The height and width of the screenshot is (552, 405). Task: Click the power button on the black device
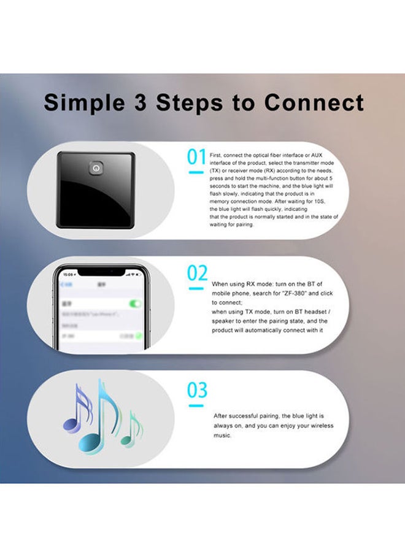[x=96, y=167]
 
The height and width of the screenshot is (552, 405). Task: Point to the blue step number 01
[x=196, y=157]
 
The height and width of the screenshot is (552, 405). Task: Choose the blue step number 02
[x=197, y=274]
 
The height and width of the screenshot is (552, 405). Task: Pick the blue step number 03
[x=197, y=390]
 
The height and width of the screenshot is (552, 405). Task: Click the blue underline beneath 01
[x=196, y=173]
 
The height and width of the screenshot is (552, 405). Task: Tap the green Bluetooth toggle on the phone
[x=135, y=304]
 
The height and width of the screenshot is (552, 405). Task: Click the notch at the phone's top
[x=102, y=270]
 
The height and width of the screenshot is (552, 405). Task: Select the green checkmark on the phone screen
[x=139, y=336]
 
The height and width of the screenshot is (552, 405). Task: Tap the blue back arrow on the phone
[x=63, y=285]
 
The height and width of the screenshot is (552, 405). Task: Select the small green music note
[x=131, y=431]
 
